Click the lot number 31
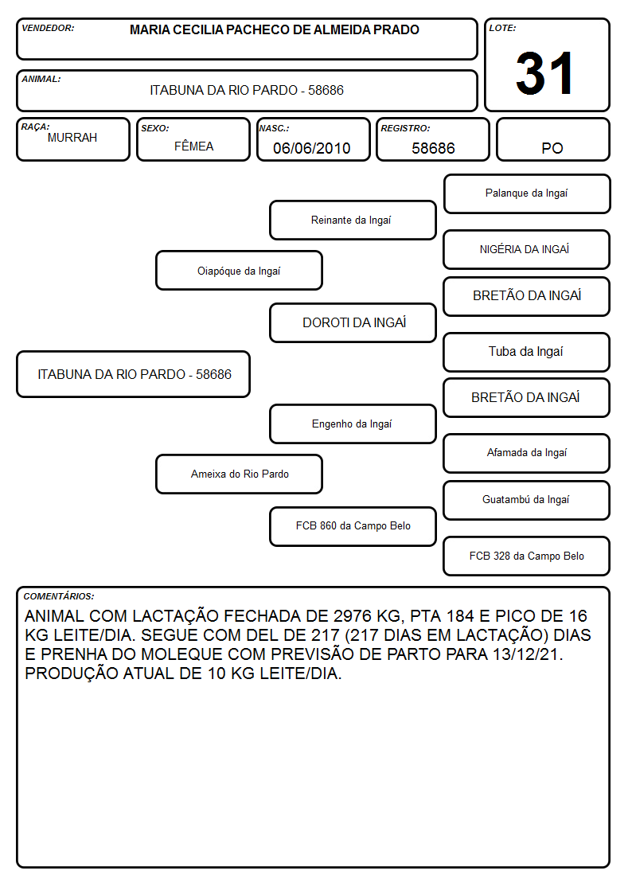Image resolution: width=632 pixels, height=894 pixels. [544, 73]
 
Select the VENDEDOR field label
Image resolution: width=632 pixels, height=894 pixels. [48, 28]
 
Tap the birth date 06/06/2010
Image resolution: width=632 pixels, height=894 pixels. [312, 148]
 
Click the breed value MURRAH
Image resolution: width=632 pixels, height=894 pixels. [72, 138]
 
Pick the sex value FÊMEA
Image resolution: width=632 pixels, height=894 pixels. [193, 146]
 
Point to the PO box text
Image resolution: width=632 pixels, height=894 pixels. [552, 148]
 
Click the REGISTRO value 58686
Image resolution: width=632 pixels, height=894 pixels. [433, 148]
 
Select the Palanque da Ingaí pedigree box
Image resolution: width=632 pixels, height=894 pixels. [527, 194]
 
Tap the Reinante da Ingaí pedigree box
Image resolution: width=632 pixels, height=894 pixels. [353, 220]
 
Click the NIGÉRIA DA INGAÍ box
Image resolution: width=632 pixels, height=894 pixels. [527, 249]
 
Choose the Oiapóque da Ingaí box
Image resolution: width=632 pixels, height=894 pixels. [239, 270]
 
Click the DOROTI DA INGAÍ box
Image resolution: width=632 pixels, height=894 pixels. [353, 322]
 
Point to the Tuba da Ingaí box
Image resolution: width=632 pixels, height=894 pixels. [527, 352]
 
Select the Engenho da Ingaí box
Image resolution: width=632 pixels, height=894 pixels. [353, 424]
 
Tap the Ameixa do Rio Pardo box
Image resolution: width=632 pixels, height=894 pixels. [239, 474]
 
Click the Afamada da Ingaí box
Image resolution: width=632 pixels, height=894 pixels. [527, 453]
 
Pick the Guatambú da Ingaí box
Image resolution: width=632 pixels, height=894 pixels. [527, 500]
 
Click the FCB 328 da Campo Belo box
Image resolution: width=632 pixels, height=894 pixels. [527, 556]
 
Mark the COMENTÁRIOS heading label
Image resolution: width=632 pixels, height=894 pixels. [59, 596]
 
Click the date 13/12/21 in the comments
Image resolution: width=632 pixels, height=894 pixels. [527, 654]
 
